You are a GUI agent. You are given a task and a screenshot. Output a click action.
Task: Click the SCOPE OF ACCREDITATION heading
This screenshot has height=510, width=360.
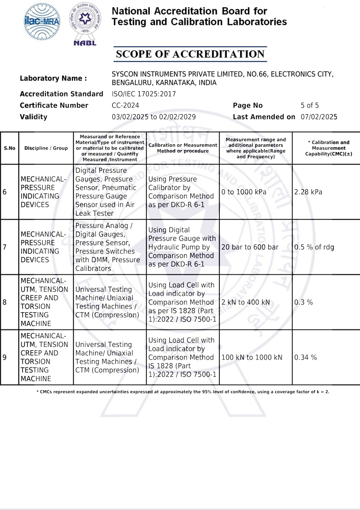[x=190, y=54]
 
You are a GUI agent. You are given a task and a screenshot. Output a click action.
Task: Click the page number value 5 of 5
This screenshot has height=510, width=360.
[x=310, y=106]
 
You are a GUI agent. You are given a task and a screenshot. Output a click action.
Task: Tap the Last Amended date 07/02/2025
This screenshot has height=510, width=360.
[x=319, y=117]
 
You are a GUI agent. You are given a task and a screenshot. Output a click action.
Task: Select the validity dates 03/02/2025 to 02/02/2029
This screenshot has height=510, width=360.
[x=153, y=117]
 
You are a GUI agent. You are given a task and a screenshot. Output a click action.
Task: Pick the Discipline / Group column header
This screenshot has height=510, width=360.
[x=46, y=148]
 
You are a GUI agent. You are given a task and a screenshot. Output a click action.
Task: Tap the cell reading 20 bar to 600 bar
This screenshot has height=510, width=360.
[x=250, y=247]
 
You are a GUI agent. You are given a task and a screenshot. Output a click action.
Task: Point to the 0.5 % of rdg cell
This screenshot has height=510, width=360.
[x=314, y=247]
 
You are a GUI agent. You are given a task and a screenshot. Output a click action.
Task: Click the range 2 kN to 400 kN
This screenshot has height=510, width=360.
[x=246, y=302]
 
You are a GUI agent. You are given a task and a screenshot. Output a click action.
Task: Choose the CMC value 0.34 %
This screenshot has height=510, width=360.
[x=305, y=358]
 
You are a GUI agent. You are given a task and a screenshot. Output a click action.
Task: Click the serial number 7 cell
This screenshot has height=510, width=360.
[x=5, y=247]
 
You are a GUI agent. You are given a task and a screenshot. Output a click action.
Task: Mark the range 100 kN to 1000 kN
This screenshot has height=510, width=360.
[x=251, y=358]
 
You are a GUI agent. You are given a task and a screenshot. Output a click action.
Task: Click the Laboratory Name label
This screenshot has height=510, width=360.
[x=53, y=79]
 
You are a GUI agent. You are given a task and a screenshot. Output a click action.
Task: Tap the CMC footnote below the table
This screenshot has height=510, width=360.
[x=183, y=392]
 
